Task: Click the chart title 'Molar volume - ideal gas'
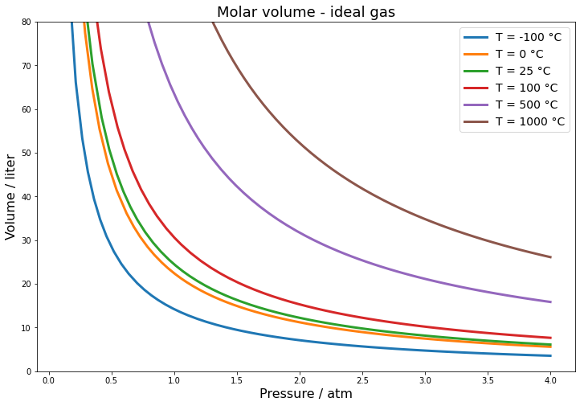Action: [306, 12]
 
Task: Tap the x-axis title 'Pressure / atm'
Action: [306, 394]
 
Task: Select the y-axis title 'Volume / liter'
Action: [11, 197]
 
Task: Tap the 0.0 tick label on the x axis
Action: [49, 380]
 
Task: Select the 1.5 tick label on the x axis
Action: [237, 380]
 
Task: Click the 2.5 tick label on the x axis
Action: [362, 380]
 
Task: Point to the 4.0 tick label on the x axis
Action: [550, 380]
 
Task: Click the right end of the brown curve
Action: [550, 257]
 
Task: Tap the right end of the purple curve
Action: [550, 302]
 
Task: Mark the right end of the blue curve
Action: [550, 355]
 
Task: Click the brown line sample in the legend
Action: [476, 122]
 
